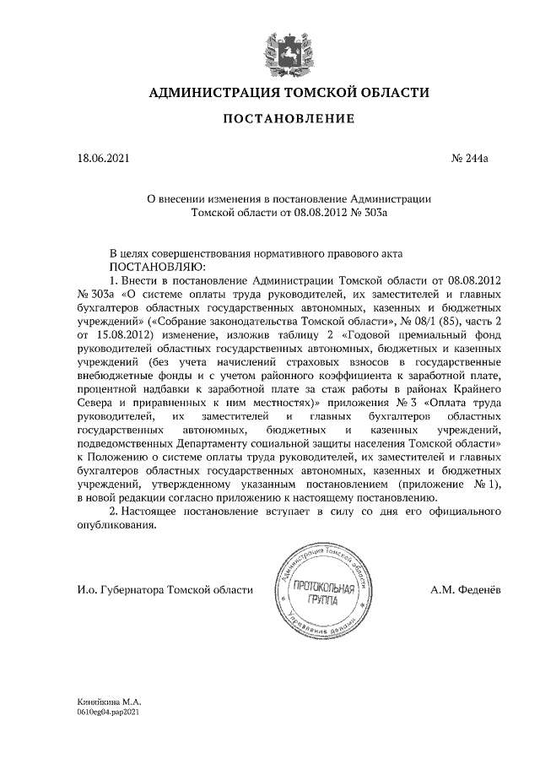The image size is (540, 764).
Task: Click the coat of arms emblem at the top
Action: [288, 50]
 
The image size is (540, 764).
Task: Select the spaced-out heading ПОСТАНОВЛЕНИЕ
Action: [288, 120]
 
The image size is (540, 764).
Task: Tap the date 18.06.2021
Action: [102, 158]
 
